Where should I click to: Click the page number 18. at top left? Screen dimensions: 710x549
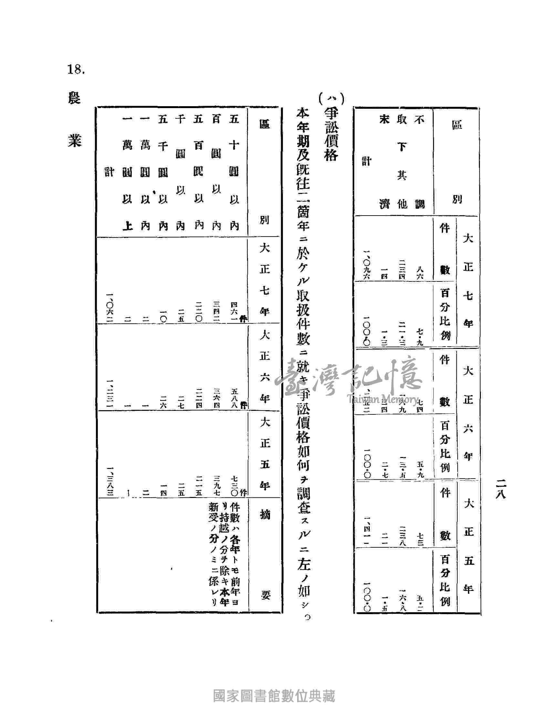coord(76,70)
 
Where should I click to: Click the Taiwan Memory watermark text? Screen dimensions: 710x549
coord(382,399)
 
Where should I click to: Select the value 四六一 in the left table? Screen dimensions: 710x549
coord(234,311)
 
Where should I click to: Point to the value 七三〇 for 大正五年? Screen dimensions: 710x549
coord(234,485)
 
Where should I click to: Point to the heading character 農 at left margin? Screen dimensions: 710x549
coord(75,98)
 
